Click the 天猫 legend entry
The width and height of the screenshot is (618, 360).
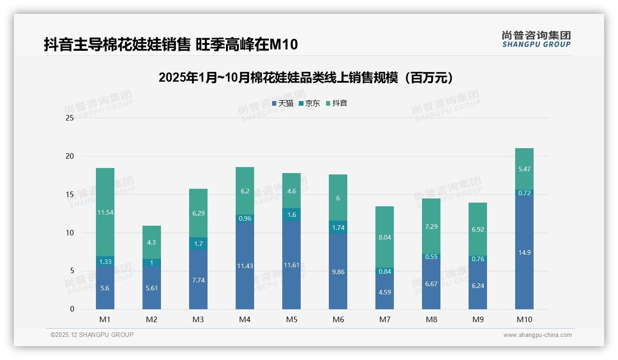click(x=282, y=103)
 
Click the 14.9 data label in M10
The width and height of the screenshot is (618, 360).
click(x=524, y=252)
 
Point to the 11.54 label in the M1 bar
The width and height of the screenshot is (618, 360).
click(x=105, y=212)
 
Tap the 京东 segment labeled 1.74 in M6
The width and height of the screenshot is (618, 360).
click(x=338, y=228)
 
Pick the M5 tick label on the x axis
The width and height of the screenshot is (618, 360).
click(x=291, y=319)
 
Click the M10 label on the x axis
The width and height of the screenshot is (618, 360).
click(x=524, y=319)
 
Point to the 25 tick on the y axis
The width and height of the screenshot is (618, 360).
click(x=70, y=118)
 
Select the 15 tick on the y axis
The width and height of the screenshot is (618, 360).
click(x=70, y=195)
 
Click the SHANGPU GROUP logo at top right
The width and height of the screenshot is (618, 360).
click(x=536, y=39)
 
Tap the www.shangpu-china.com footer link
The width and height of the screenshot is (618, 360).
click(x=537, y=335)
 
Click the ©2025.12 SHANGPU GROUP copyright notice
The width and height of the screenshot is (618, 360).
click(x=92, y=335)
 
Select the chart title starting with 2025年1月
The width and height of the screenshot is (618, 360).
click(x=306, y=78)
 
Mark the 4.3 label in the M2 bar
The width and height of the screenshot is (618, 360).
click(x=151, y=242)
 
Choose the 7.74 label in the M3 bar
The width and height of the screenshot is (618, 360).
click(x=198, y=280)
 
